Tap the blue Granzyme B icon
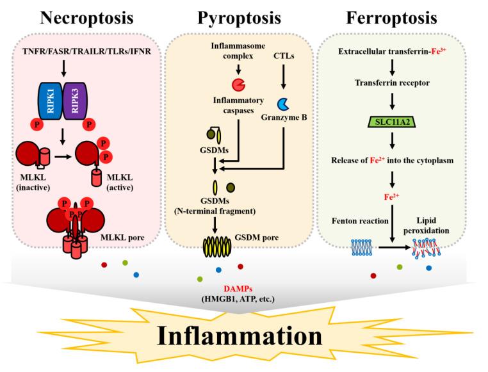(282, 103)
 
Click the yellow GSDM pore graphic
(225, 247)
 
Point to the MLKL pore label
(129, 238)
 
